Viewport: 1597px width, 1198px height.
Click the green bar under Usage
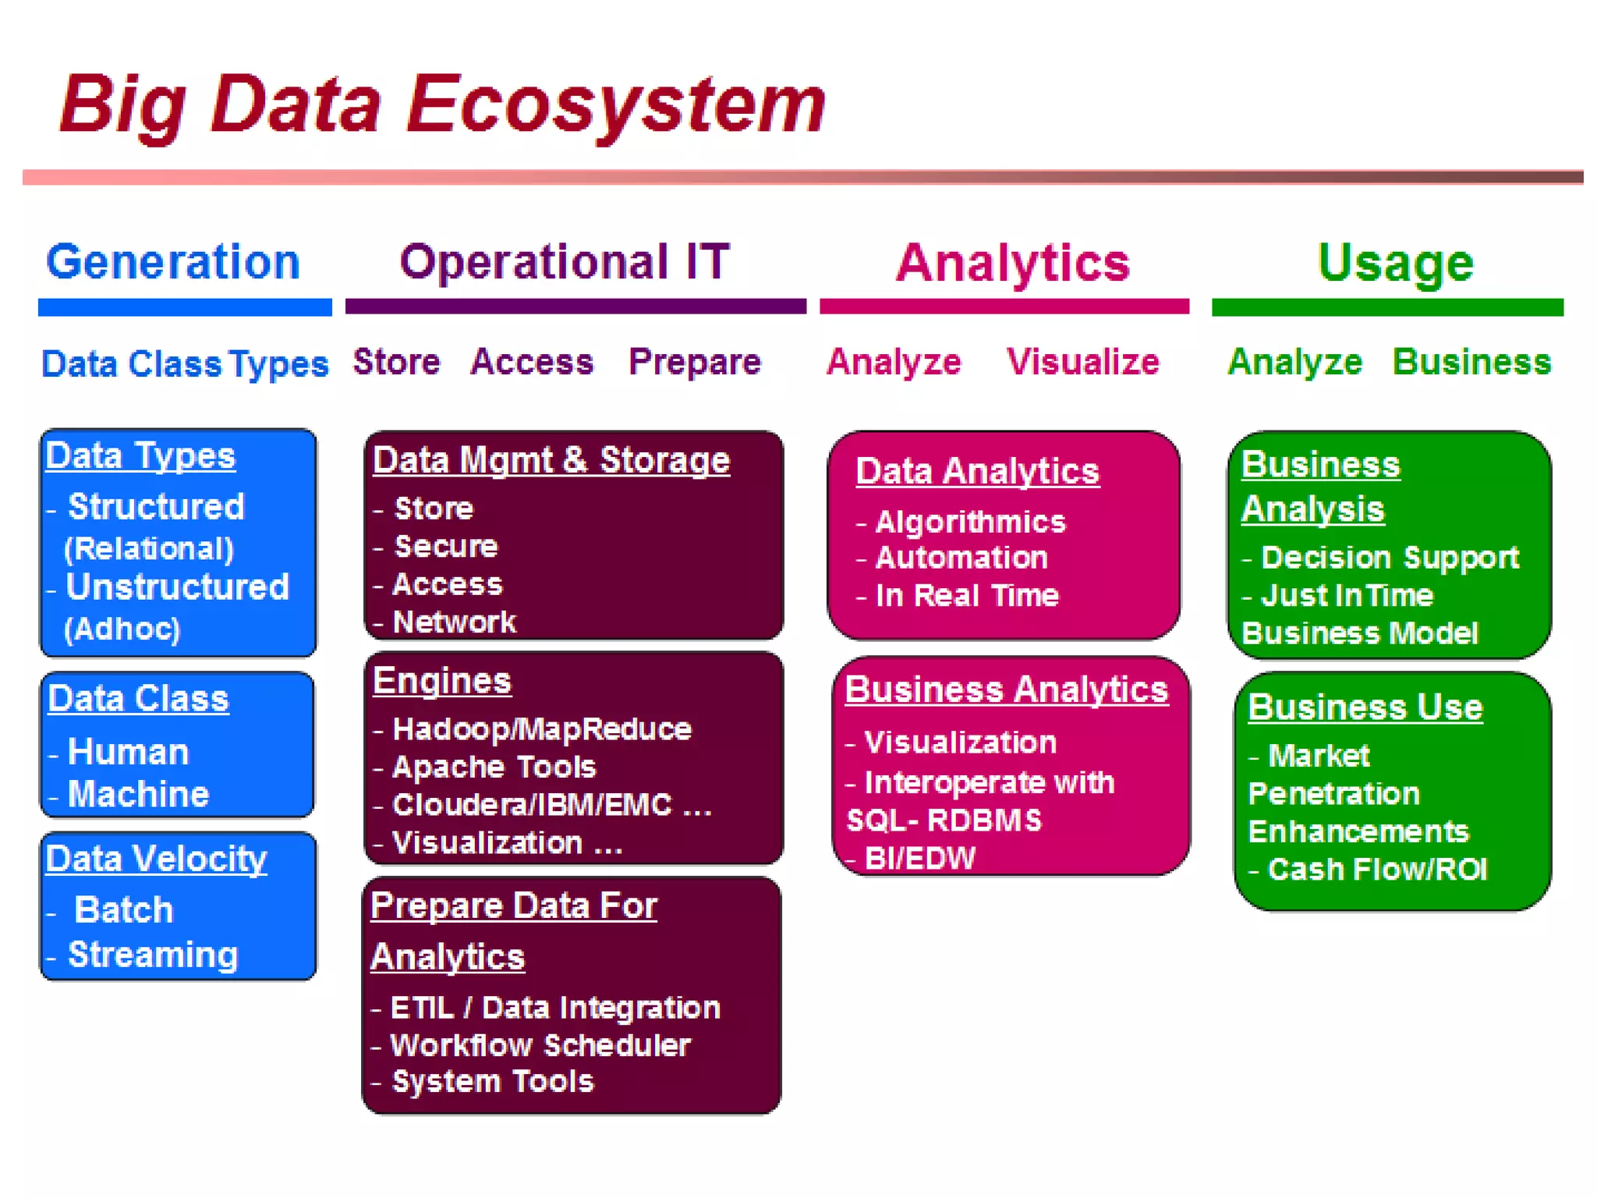(x=1386, y=307)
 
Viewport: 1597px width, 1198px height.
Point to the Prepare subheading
(x=694, y=362)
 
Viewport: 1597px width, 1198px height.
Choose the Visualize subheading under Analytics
(x=1082, y=362)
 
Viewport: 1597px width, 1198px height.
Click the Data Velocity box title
(x=156, y=859)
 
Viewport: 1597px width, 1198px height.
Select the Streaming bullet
(x=152, y=955)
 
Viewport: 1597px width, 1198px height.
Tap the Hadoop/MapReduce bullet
(x=541, y=729)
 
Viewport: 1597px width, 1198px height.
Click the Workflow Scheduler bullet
(x=540, y=1045)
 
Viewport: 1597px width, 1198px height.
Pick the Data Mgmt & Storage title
(x=551, y=460)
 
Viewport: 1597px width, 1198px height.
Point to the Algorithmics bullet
(x=969, y=522)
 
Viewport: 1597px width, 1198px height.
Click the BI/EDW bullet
(x=919, y=858)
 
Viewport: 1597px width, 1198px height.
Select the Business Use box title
(x=1365, y=707)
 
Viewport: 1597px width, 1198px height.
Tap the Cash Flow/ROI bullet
(x=1376, y=869)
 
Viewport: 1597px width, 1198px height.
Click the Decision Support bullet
(x=1389, y=558)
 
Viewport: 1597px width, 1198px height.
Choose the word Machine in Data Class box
(x=138, y=794)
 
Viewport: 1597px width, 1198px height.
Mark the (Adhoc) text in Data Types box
(x=122, y=629)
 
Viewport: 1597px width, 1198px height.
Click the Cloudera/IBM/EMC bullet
(x=551, y=805)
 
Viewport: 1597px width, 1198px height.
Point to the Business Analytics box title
(x=1006, y=690)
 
